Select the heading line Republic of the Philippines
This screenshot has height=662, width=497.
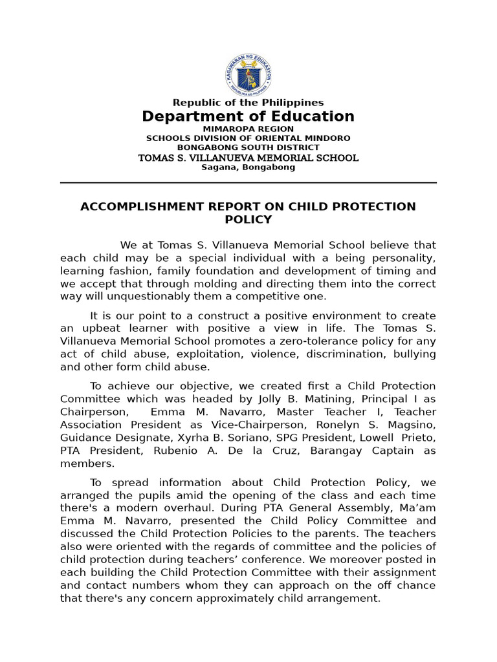pyautogui.click(x=248, y=103)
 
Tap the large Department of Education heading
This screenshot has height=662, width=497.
pyautogui.click(x=248, y=116)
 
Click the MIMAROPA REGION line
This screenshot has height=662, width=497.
pyautogui.click(x=248, y=129)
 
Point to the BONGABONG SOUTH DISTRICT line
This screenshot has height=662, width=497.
pyautogui.click(x=248, y=147)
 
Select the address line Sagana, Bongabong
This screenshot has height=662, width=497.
pyautogui.click(x=248, y=167)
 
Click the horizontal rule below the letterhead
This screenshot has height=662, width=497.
pyautogui.click(x=248, y=183)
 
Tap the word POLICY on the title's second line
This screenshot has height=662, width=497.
pyautogui.click(x=248, y=220)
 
